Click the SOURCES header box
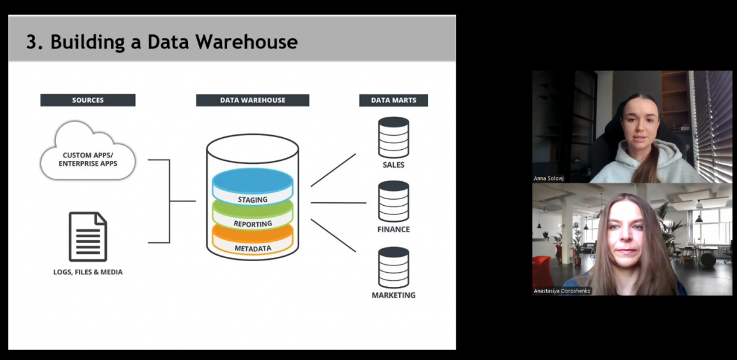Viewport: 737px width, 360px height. point(88,100)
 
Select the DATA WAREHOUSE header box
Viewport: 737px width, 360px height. point(252,100)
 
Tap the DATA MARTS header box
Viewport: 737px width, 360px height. point(393,100)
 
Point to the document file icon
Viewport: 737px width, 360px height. point(88,237)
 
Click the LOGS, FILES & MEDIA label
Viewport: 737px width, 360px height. point(88,272)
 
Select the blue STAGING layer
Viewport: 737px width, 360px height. point(252,184)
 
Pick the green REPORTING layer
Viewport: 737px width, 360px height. point(252,218)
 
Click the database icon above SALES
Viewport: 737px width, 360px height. point(394,137)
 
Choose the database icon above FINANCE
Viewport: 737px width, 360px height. point(394,201)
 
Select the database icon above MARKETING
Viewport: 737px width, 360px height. point(394,267)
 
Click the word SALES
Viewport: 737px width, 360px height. point(394,165)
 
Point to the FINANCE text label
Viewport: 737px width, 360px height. point(394,229)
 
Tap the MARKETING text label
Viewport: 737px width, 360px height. point(394,295)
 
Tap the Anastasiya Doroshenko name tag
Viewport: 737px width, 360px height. point(562,291)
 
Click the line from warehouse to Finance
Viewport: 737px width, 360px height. point(338,202)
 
